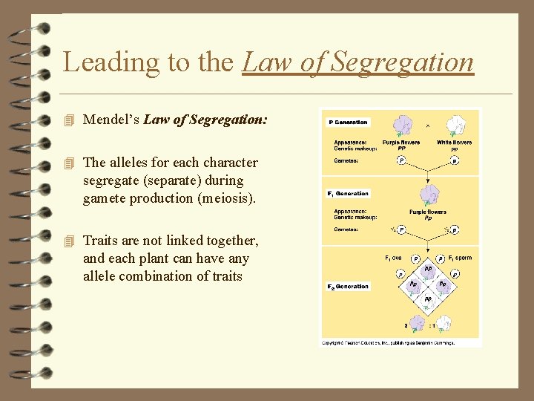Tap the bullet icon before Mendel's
[70, 120]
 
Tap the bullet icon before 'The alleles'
[70, 163]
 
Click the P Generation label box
[348, 123]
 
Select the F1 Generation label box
[349, 193]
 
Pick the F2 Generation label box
[349, 287]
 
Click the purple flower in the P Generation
[402, 125]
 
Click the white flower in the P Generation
[454, 124]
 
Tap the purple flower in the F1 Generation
[428, 195]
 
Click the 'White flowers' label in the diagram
[454, 143]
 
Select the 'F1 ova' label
[393, 258]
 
